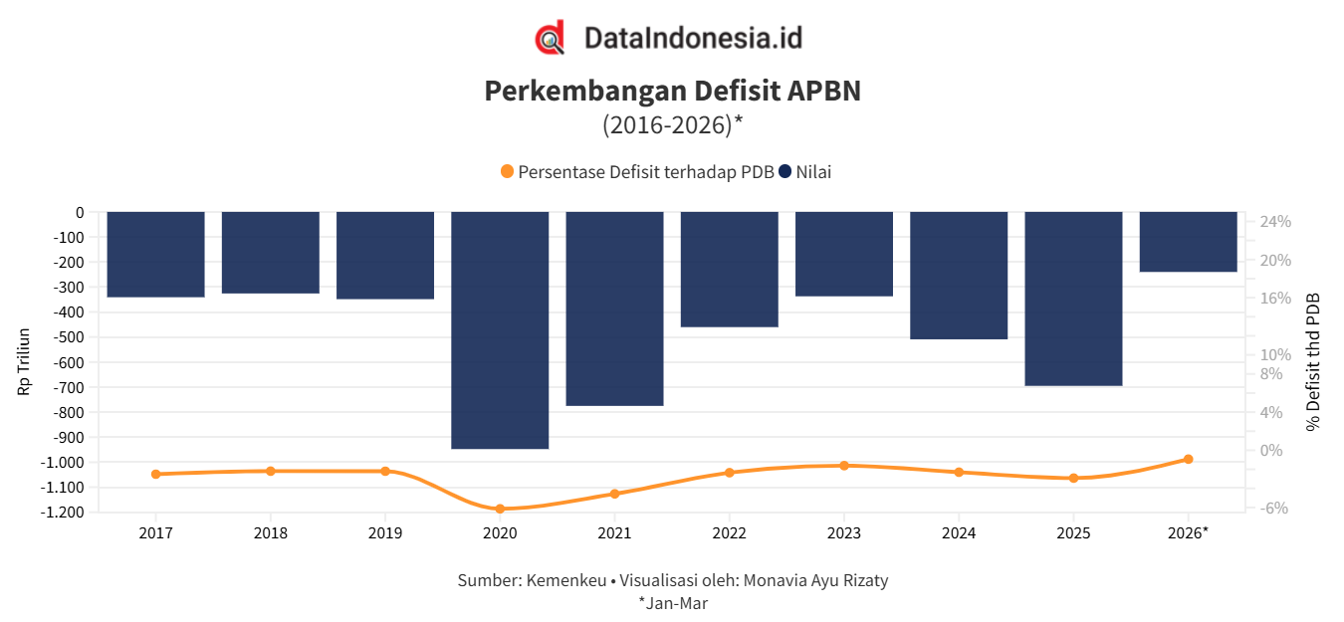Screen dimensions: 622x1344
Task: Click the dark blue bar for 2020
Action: point(500,330)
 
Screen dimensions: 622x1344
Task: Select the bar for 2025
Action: point(1073,299)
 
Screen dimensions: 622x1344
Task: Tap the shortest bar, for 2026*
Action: point(1188,242)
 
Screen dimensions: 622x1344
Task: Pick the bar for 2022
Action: point(729,270)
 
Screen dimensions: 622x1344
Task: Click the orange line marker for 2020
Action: point(500,509)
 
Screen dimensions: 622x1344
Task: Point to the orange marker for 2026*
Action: point(1188,459)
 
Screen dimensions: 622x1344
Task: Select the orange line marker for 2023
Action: point(843,466)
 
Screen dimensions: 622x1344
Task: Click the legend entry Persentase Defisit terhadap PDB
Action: point(637,172)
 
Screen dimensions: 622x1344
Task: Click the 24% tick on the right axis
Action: point(1275,222)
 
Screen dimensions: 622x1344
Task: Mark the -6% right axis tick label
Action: point(1275,509)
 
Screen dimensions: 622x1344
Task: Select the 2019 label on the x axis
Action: point(385,533)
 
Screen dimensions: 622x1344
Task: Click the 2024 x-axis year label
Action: point(959,533)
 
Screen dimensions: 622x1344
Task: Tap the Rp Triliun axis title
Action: point(24,361)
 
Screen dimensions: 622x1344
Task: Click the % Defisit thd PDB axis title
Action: point(1313,361)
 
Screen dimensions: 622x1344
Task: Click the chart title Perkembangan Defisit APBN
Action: point(672,91)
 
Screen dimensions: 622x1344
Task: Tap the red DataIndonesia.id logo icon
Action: point(550,38)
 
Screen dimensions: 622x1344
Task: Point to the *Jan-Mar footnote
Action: point(673,603)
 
